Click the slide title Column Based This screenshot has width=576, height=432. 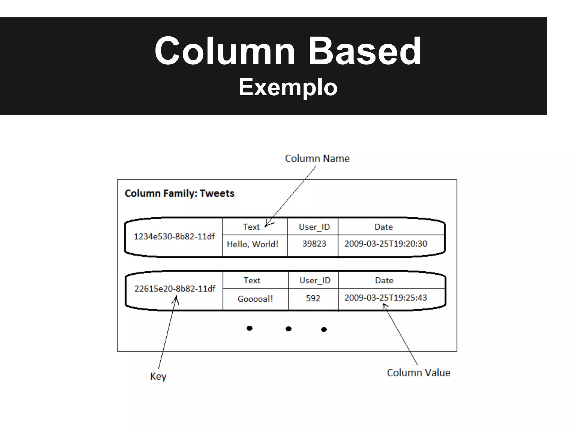(287, 51)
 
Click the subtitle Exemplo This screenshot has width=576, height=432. (288, 87)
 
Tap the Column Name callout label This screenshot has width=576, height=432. (317, 159)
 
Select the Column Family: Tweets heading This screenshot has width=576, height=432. (179, 193)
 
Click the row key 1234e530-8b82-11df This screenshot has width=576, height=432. (174, 237)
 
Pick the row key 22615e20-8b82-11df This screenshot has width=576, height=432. (175, 289)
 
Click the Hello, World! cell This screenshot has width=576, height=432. (253, 244)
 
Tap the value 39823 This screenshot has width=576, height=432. (314, 244)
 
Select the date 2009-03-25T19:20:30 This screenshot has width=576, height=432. (386, 244)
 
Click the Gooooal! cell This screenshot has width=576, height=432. (255, 299)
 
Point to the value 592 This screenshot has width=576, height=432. (313, 298)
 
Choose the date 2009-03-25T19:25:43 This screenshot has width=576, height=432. (386, 298)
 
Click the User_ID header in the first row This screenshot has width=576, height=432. (314, 227)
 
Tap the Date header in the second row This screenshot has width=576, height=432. (384, 280)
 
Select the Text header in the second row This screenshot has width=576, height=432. (252, 280)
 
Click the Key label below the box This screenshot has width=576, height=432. (158, 376)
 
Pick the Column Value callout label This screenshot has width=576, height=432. (418, 373)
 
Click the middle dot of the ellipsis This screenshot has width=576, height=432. (288, 329)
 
